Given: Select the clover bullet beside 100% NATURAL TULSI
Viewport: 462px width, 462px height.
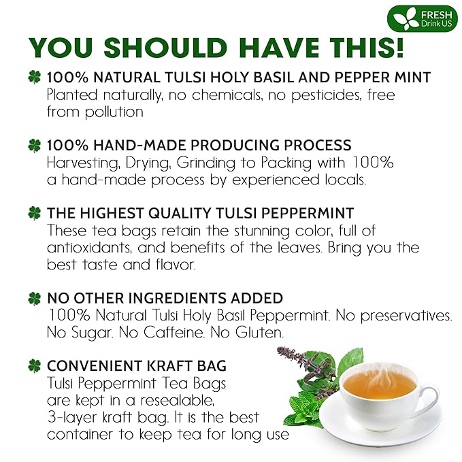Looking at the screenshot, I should [x=34, y=78].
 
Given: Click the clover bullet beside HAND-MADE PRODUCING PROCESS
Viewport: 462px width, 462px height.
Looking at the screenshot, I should [x=34, y=146].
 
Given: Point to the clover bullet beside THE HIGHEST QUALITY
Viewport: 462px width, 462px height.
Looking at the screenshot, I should [x=34, y=213].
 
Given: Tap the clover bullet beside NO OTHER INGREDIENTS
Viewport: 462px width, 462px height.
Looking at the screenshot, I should [x=34, y=299].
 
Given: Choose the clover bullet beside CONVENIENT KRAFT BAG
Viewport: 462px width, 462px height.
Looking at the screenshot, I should [x=34, y=366].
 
